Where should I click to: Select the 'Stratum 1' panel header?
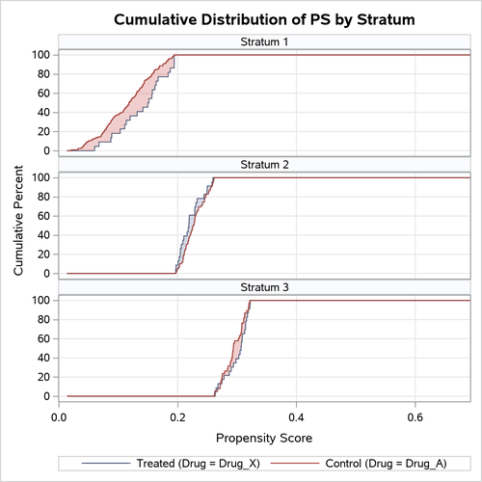coord(264,42)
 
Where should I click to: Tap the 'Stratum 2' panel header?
coord(264,165)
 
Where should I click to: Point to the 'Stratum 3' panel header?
coord(264,287)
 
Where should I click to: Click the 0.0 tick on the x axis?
coord(59,417)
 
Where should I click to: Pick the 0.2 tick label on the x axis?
coord(177,417)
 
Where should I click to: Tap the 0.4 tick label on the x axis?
coord(296,417)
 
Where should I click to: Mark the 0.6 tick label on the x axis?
coord(415,417)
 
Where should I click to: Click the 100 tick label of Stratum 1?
coord(40,55)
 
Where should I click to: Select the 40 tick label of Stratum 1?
coord(43,113)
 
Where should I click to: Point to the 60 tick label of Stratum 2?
coord(43,216)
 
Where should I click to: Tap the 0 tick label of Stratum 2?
coord(47,274)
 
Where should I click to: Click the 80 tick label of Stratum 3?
coord(43,319)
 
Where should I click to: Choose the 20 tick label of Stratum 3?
coord(43,377)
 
